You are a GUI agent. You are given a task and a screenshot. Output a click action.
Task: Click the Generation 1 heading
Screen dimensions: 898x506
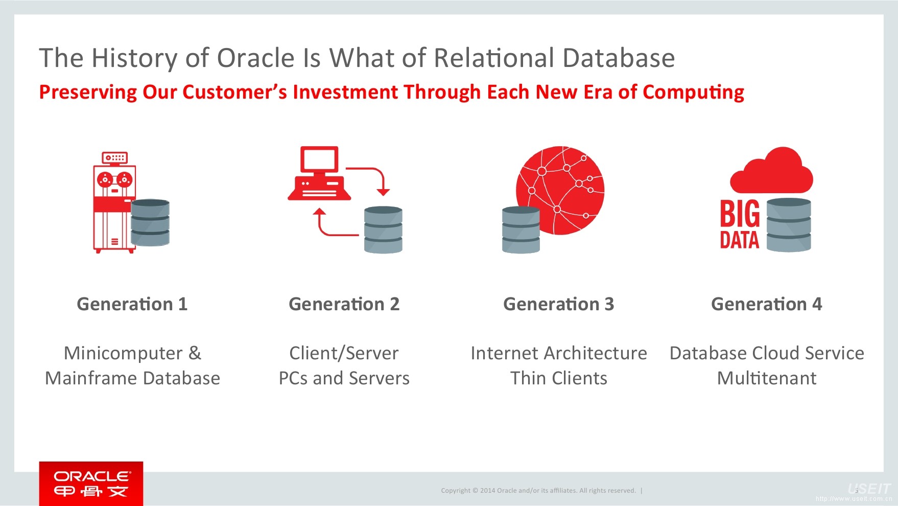(132, 304)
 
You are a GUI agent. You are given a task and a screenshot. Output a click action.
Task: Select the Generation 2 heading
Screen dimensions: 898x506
(344, 304)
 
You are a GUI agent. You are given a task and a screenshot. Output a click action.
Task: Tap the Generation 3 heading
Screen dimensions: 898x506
(558, 304)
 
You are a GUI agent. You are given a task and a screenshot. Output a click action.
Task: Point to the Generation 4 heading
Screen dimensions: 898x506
(766, 304)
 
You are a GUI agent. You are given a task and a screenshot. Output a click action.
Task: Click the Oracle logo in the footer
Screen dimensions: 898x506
(91, 484)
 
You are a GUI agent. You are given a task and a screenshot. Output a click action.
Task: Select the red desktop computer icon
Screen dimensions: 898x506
(319, 174)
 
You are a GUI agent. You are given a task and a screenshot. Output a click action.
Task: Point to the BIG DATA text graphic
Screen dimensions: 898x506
(739, 225)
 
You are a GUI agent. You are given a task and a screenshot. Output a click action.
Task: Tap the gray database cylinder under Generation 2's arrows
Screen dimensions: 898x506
(383, 230)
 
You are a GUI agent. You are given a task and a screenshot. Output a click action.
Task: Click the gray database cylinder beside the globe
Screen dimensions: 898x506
(521, 230)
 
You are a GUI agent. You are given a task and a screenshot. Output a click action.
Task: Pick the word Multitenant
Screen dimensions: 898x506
(766, 378)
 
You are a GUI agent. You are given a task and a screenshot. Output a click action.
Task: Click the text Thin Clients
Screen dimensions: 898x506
(558, 378)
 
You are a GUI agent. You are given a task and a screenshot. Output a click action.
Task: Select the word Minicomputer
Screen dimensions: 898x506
(123, 353)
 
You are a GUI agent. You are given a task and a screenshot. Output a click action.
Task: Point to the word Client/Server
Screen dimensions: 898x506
(344, 353)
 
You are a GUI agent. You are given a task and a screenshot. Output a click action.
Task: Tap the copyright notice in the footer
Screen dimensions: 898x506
(538, 491)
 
